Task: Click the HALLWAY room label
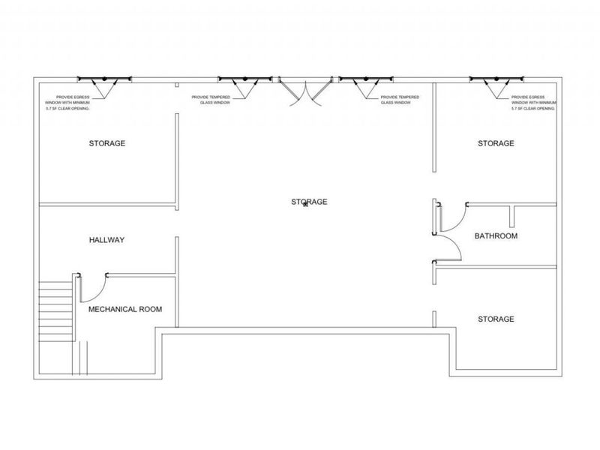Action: (x=106, y=240)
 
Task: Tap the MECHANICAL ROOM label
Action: (x=125, y=309)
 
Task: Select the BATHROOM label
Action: (x=496, y=235)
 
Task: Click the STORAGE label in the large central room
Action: (x=309, y=202)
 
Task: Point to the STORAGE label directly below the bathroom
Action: (x=496, y=319)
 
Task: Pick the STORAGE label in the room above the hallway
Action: (x=107, y=143)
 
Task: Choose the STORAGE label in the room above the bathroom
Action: (x=496, y=143)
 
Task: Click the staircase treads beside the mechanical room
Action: (x=56, y=311)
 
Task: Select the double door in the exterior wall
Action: (x=305, y=91)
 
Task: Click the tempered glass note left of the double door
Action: (x=211, y=100)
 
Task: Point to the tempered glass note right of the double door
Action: (x=400, y=100)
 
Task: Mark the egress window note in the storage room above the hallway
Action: (x=67, y=103)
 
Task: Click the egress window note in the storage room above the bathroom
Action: (x=534, y=103)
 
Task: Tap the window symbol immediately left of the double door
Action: (x=245, y=79)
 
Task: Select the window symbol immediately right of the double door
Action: (x=366, y=79)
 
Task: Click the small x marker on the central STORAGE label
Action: (x=305, y=204)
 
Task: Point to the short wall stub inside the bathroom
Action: (x=512, y=217)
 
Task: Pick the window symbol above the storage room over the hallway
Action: (x=104, y=79)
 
